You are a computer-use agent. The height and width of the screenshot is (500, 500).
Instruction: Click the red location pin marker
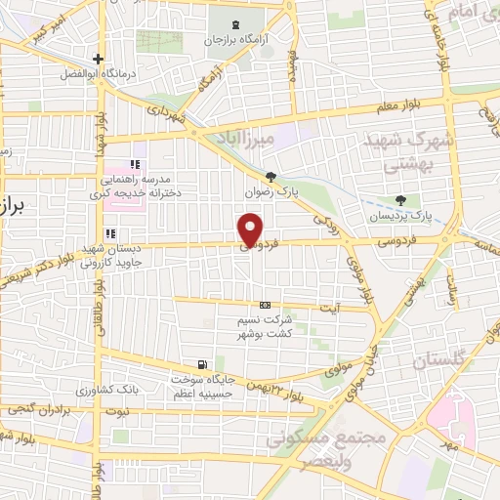[x=251, y=230]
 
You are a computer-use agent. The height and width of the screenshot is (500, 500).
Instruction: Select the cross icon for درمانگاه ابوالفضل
[x=98, y=59]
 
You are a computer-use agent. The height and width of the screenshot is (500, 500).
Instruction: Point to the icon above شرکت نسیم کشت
[x=267, y=305]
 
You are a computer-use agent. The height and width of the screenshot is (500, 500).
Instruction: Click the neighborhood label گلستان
[x=422, y=362]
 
